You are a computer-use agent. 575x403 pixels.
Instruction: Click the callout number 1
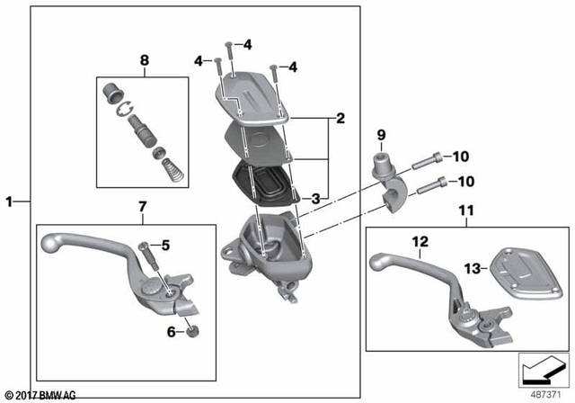pyautogui.click(x=10, y=202)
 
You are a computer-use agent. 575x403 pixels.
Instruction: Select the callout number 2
pyautogui.click(x=340, y=118)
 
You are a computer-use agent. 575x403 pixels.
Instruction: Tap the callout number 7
pyautogui.click(x=141, y=208)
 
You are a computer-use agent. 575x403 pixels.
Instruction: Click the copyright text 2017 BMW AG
pyautogui.click(x=40, y=395)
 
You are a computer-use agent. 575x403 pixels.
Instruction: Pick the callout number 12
pyautogui.click(x=420, y=241)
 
